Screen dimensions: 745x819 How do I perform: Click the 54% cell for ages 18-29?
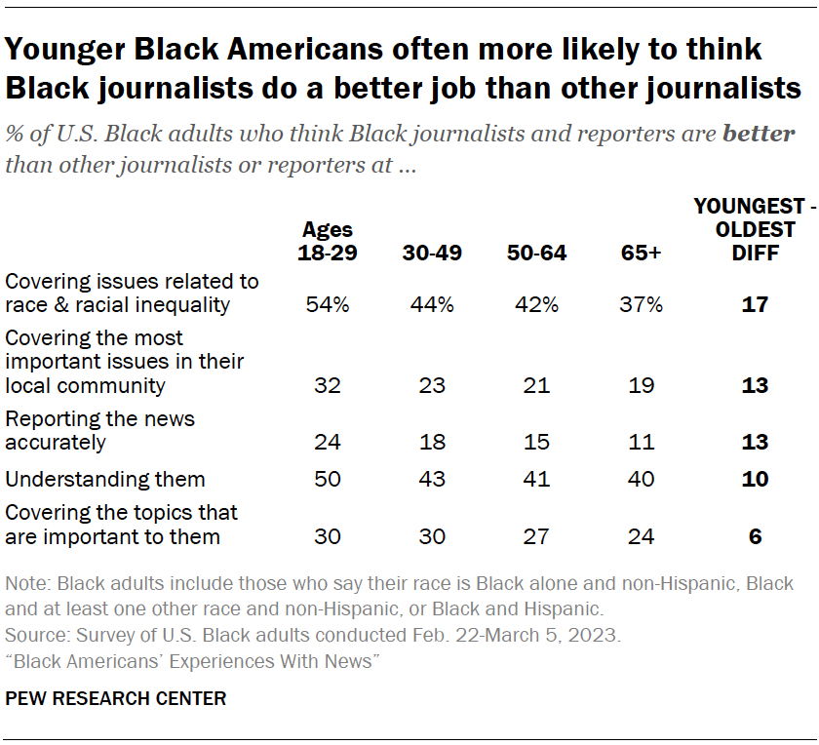click(328, 305)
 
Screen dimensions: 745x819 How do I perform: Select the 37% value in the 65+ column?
click(642, 305)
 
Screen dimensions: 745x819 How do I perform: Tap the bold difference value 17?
click(754, 305)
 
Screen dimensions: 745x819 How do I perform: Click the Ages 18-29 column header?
click(328, 241)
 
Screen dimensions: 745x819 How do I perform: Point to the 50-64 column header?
click(536, 253)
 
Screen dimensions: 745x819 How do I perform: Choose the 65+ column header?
click(642, 253)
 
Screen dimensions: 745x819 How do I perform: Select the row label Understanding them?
click(105, 479)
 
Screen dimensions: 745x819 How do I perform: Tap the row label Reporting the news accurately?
click(99, 430)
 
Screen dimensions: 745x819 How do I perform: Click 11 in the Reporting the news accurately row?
click(642, 442)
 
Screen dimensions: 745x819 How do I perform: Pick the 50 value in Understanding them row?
click(328, 479)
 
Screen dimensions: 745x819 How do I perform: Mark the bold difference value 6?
click(754, 536)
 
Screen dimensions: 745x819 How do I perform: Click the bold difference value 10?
click(754, 479)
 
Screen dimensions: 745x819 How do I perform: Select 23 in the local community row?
click(432, 384)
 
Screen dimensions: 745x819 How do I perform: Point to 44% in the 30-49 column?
click(432, 305)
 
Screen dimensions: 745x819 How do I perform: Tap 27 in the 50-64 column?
click(536, 536)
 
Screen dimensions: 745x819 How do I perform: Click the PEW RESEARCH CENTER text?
click(116, 698)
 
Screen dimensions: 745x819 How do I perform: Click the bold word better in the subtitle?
click(759, 134)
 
